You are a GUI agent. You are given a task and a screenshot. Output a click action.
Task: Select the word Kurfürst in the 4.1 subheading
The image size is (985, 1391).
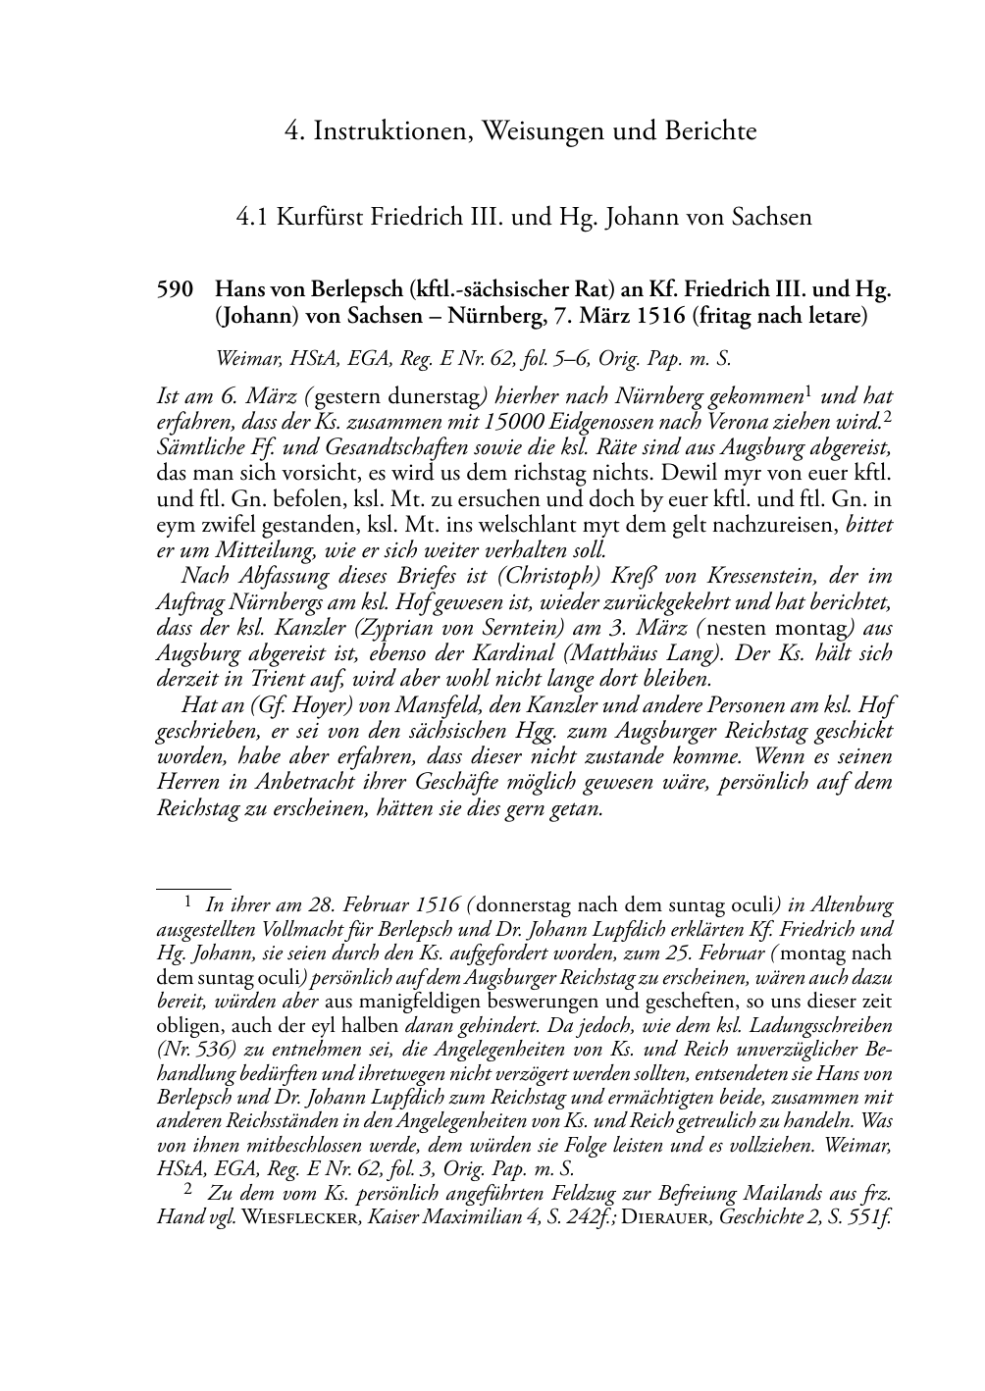click(x=319, y=216)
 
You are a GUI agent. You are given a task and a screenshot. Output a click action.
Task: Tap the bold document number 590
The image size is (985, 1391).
click(x=174, y=290)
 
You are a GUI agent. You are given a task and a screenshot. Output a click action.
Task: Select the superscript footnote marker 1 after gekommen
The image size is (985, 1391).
click(x=808, y=391)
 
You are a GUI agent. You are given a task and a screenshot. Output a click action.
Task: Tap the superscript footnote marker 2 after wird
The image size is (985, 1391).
click(x=888, y=417)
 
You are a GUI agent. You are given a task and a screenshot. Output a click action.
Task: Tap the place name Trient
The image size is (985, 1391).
click(x=272, y=678)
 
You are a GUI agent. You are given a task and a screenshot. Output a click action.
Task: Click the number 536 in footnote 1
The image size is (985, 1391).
click(x=202, y=1049)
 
